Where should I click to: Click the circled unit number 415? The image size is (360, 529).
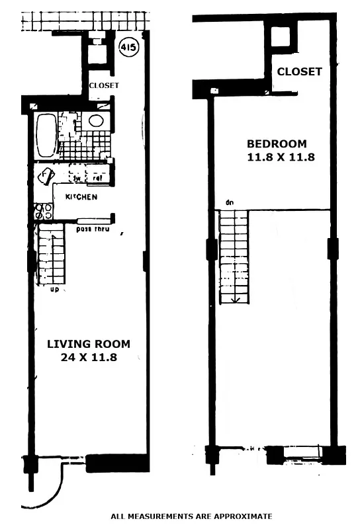(129, 48)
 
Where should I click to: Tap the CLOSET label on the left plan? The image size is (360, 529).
(104, 85)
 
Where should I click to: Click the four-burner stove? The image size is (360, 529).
(43, 211)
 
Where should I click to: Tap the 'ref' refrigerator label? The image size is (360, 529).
(97, 177)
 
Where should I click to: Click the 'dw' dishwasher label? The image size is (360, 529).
(77, 177)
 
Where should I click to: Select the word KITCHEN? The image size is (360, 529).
(82, 197)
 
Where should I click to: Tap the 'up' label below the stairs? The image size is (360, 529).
(54, 289)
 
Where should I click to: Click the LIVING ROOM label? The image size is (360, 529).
(88, 344)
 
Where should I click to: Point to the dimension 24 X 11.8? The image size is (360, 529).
(88, 358)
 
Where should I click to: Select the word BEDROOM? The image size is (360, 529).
(277, 143)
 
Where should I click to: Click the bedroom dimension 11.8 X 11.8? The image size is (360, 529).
(277, 157)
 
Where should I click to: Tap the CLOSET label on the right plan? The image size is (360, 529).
(299, 71)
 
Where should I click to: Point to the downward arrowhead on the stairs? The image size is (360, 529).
(234, 298)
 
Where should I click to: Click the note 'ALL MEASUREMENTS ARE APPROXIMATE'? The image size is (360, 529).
(191, 516)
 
